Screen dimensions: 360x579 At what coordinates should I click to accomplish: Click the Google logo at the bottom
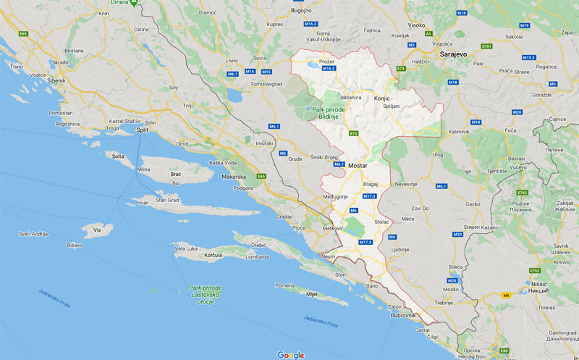click(290, 355)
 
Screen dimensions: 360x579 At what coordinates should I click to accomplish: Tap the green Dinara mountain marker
click(133, 3)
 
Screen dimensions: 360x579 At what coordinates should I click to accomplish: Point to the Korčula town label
click(213, 256)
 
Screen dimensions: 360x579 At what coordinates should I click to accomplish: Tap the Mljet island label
click(312, 294)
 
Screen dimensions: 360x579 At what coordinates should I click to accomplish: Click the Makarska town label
click(234, 177)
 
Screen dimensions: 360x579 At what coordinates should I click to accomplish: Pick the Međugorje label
click(335, 196)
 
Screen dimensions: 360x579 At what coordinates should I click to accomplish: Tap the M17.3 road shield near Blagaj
click(370, 196)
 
